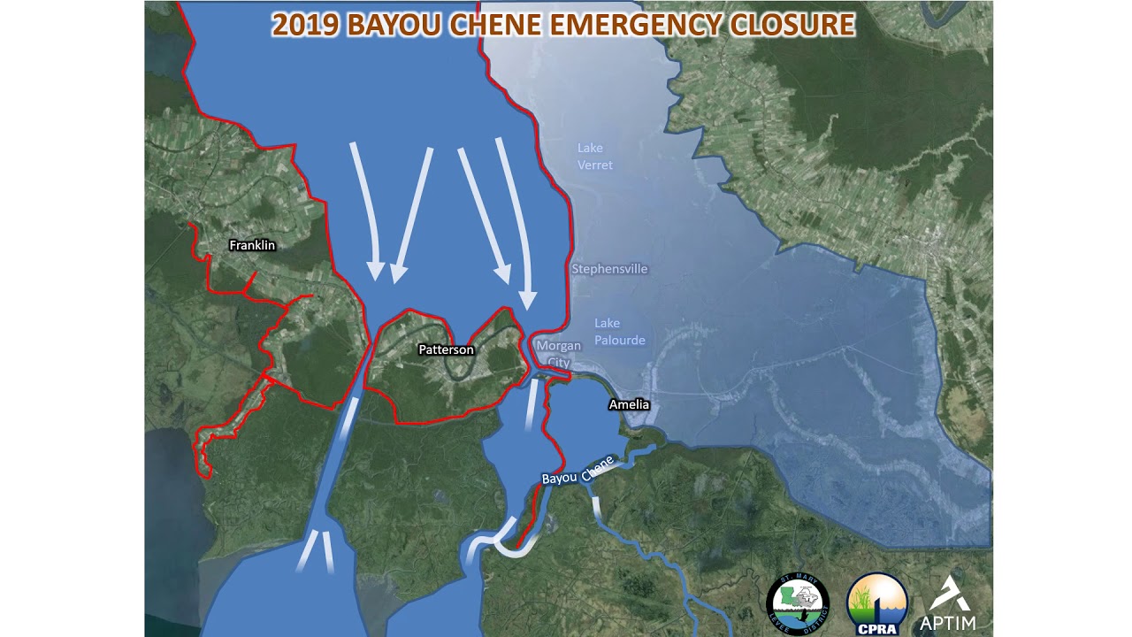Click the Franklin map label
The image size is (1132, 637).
tap(252, 245)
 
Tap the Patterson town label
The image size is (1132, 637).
tap(446, 349)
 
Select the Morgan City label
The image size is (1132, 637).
tap(559, 354)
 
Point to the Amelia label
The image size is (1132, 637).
tap(629, 404)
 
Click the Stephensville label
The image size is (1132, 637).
tap(609, 269)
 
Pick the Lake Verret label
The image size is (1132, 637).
tap(594, 157)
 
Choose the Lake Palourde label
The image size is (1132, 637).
tap(619, 332)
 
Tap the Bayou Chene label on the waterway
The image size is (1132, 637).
tap(577, 472)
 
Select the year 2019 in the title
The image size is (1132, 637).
tap(305, 25)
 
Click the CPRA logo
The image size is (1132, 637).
tap(877, 604)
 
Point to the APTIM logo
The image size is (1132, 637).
tap(948, 604)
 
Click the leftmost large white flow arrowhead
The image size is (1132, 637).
tap(376, 271)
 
